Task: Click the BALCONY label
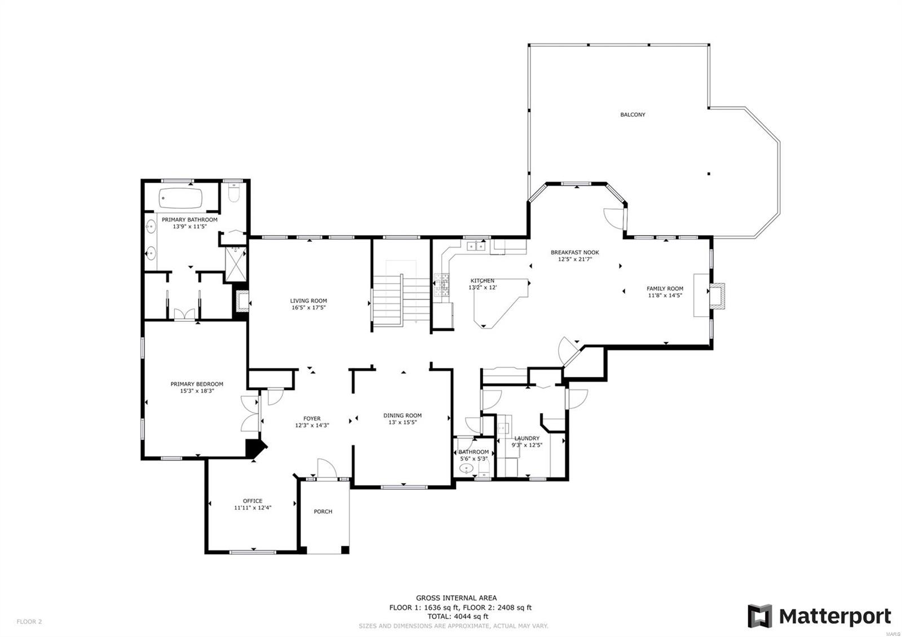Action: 633,114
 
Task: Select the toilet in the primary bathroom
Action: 235,194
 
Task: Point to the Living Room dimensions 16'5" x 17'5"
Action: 308,308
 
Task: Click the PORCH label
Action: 323,511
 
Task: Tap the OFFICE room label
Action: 253,501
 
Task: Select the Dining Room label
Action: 403,415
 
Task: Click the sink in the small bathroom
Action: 466,468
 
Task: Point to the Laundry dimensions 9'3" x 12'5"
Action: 527,445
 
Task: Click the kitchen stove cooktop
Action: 441,285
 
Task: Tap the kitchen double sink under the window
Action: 477,245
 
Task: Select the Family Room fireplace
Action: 717,296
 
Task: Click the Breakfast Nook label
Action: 574,253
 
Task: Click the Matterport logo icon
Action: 759,616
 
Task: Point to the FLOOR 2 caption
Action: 29,622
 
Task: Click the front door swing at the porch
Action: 326,468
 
